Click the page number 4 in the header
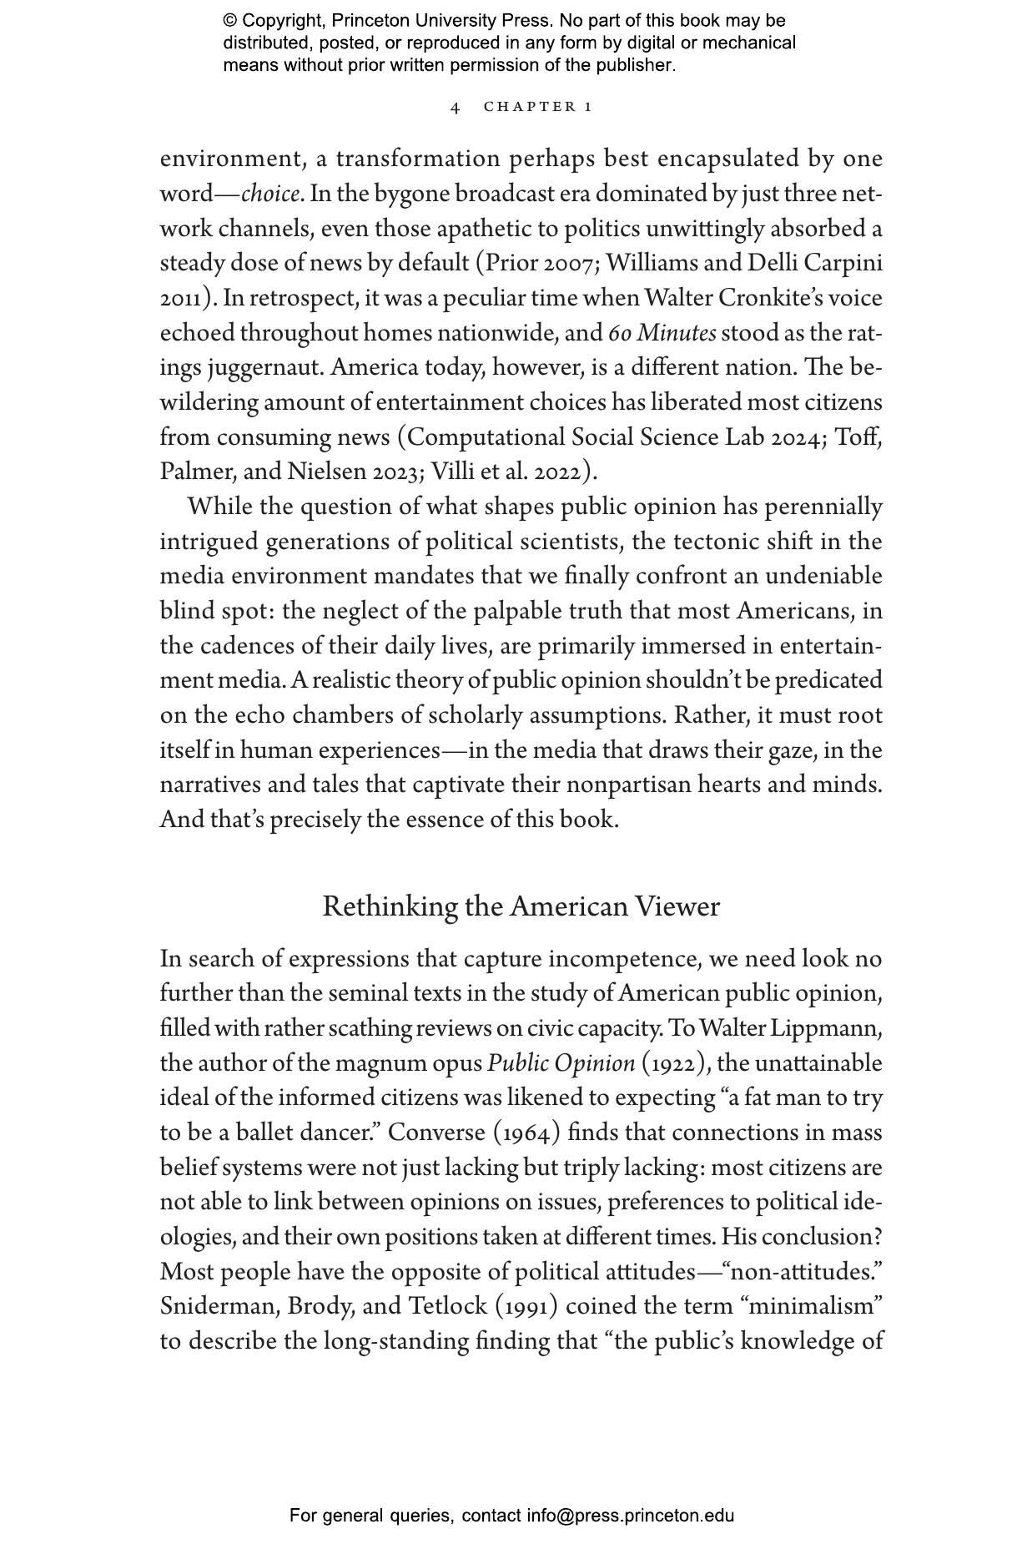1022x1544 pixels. coord(455,107)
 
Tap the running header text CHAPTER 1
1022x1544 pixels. coord(538,107)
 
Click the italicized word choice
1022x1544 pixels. coord(270,194)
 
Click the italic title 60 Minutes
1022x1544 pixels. coord(662,334)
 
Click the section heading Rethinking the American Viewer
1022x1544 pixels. coord(521,907)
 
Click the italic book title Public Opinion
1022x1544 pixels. coord(561,1064)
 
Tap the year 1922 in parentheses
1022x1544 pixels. coord(675,1064)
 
